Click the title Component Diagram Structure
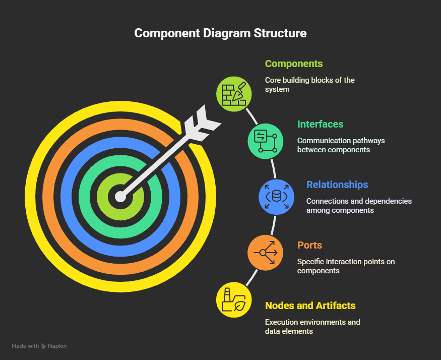[x=220, y=33]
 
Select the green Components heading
[x=293, y=64]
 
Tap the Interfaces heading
[x=320, y=124]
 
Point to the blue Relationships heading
[x=337, y=185]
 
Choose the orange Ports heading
[x=309, y=245]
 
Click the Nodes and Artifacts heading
[x=310, y=306]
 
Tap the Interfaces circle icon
[x=266, y=141]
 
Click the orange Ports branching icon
[x=265, y=252]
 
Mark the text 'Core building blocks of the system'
[x=310, y=84]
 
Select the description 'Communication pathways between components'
[x=341, y=145]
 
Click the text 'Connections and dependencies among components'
[x=359, y=205]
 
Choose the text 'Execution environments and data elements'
[x=312, y=326]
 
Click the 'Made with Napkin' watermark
[x=39, y=346]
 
